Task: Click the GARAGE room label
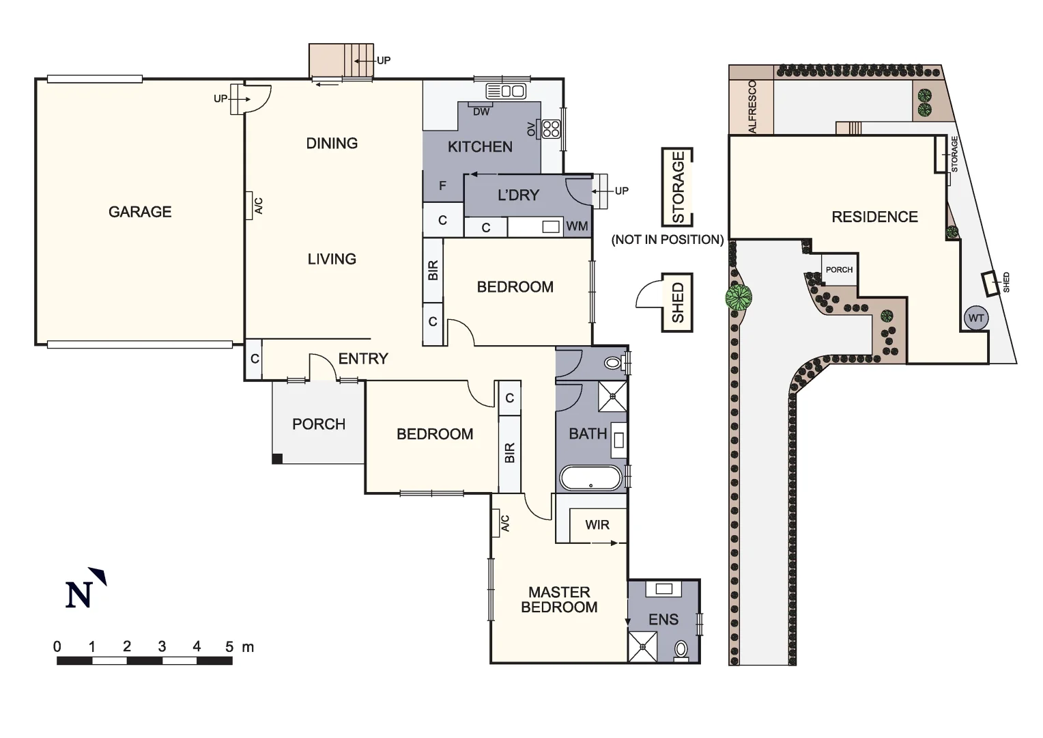pyautogui.click(x=140, y=212)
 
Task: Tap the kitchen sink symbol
pyautogui.click(x=506, y=91)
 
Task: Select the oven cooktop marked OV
pyautogui.click(x=550, y=128)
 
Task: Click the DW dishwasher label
pyautogui.click(x=481, y=111)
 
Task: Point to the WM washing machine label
pyautogui.click(x=577, y=226)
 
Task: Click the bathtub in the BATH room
pyautogui.click(x=591, y=478)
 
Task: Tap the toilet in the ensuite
pyautogui.click(x=681, y=649)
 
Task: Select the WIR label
pyautogui.click(x=597, y=525)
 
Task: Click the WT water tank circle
pyautogui.click(x=976, y=318)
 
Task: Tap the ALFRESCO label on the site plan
pyautogui.click(x=752, y=107)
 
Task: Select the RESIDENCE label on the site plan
pyautogui.click(x=874, y=217)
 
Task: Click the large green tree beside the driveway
pyautogui.click(x=739, y=297)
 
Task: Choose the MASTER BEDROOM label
pyautogui.click(x=559, y=599)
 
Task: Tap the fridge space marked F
pyautogui.click(x=442, y=186)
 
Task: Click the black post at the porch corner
pyautogui.click(x=277, y=459)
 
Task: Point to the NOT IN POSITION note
pyautogui.click(x=668, y=239)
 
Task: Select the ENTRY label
pyautogui.click(x=363, y=359)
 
